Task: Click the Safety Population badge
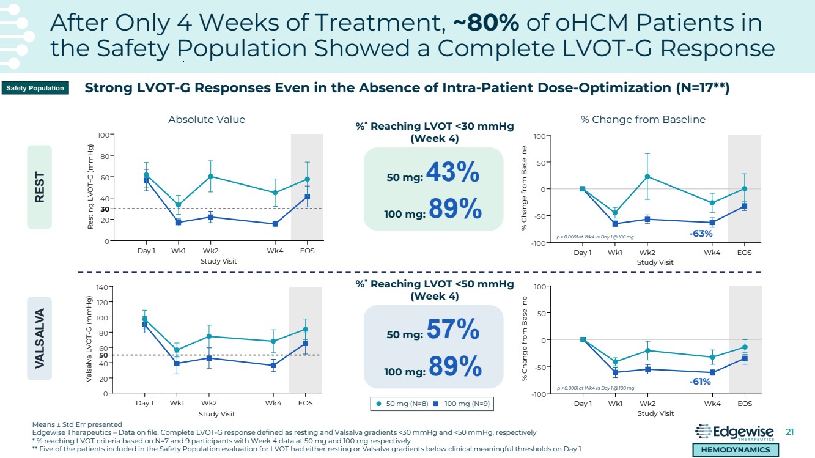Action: tap(35, 89)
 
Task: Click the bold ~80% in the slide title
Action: tap(486, 23)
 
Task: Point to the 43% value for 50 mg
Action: tap(452, 174)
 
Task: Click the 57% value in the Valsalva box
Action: tap(452, 331)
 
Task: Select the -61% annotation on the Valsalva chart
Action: tap(699, 382)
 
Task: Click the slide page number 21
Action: tap(789, 432)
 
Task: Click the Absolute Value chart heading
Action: tap(207, 120)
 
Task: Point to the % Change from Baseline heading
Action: tap(643, 120)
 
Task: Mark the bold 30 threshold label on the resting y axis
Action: tap(105, 209)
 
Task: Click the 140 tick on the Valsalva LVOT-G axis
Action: tap(102, 287)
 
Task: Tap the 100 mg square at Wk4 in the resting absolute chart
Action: tap(275, 224)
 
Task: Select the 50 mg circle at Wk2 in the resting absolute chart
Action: tap(210, 176)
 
